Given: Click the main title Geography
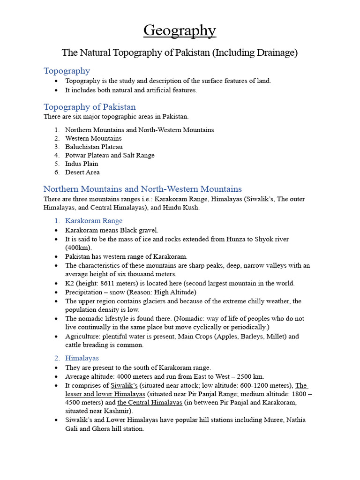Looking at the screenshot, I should coord(180,30).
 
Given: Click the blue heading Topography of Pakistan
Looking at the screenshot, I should coord(90,107).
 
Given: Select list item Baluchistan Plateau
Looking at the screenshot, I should coord(94,147).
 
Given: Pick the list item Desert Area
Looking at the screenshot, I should coord(82,172).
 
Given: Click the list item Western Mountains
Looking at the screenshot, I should coord(93,138).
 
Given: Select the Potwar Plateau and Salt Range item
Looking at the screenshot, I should coord(110,155).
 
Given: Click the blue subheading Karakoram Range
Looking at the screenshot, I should coord(94,221).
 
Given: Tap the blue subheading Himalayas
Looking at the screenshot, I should coord(82,358).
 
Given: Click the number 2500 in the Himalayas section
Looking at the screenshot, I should coord(244,376).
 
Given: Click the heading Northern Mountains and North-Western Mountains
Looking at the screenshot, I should coord(142,189).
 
